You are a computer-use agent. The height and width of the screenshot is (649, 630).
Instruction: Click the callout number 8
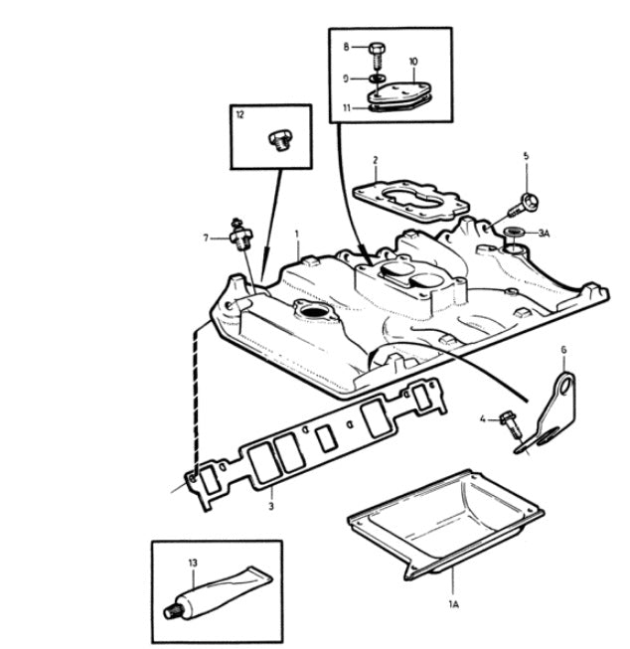(347, 47)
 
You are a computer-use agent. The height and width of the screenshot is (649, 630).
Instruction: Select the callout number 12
(239, 115)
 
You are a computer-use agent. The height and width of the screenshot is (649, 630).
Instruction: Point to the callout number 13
(193, 563)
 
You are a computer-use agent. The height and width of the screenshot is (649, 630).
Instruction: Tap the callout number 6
(562, 350)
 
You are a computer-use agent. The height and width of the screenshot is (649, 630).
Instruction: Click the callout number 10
(413, 61)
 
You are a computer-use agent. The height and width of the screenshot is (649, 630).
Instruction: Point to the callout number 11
(347, 106)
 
